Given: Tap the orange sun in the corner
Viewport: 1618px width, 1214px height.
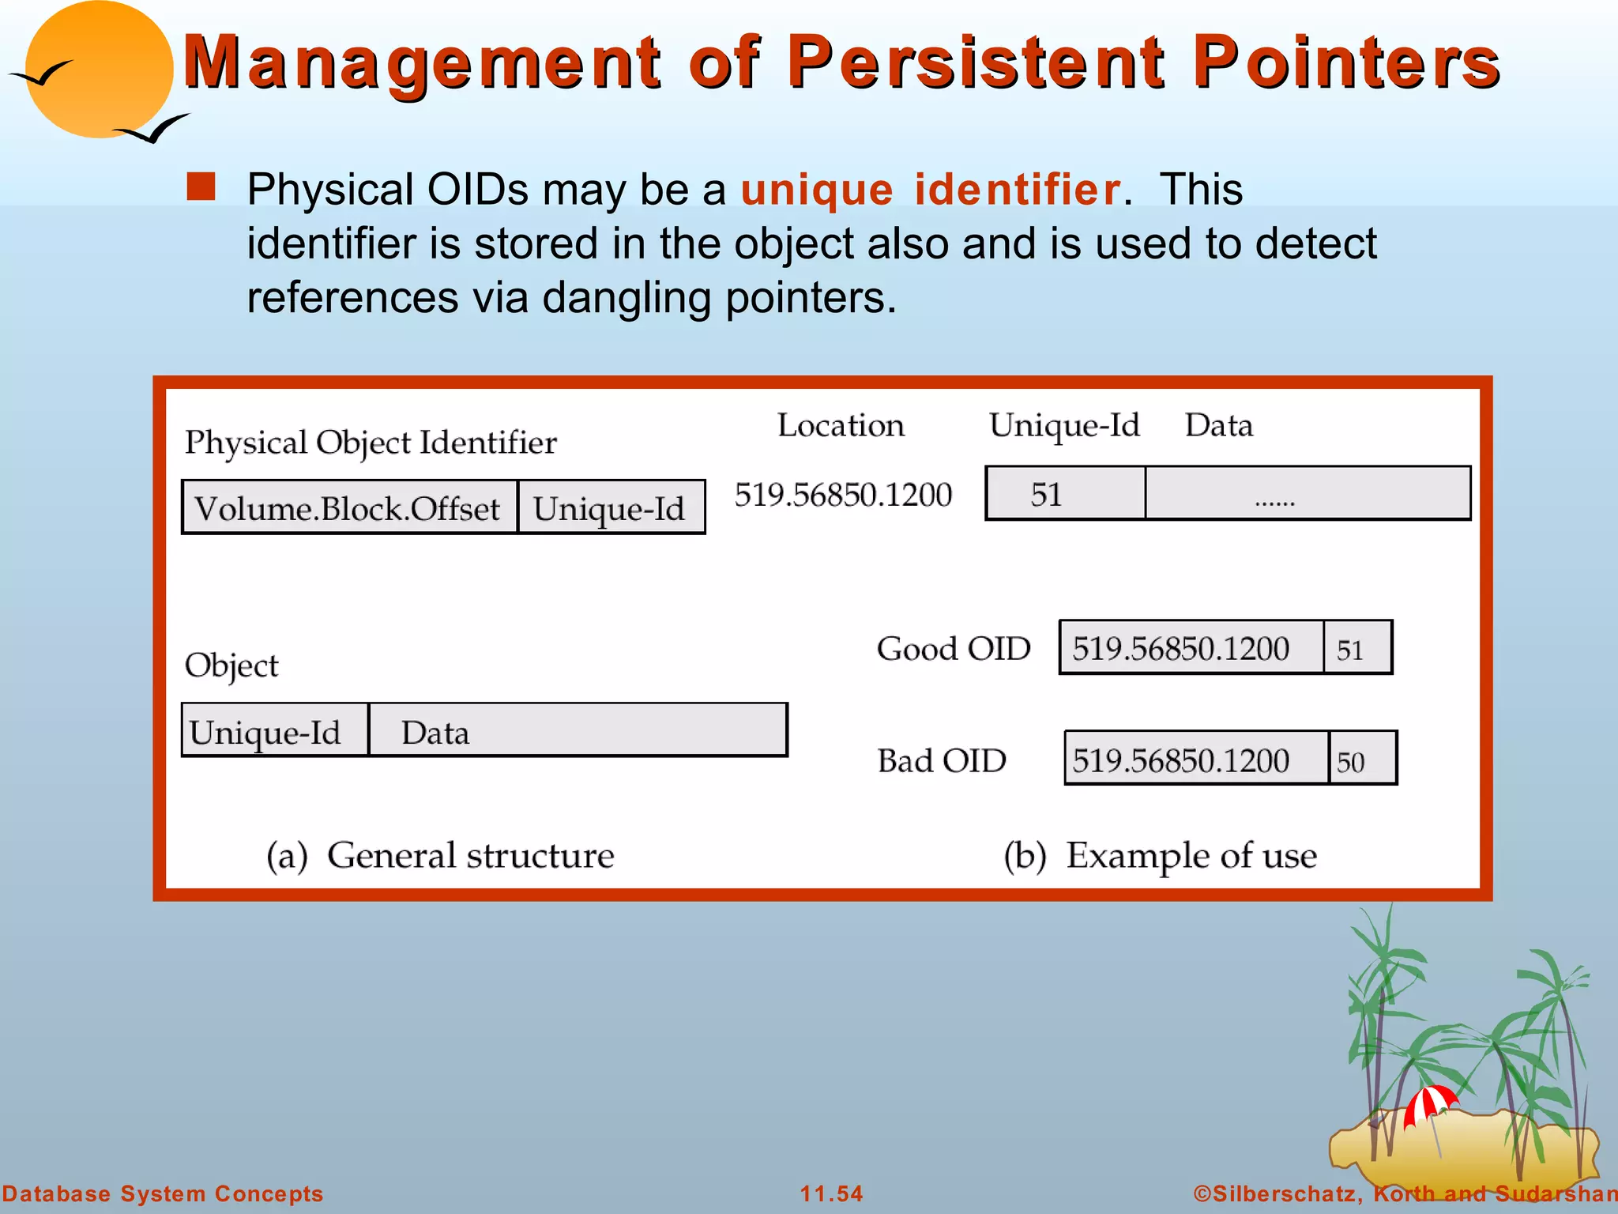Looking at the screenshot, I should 99,70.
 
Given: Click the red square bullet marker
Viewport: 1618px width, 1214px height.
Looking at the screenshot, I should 201,187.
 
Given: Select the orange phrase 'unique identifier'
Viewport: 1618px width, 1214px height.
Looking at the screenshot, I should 930,190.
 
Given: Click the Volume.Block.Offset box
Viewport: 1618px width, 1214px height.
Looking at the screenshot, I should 349,508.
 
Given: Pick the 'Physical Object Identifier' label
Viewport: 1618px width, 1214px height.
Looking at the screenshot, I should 371,443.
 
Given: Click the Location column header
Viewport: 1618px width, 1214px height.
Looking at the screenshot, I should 841,425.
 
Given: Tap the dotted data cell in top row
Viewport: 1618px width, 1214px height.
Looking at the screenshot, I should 1307,494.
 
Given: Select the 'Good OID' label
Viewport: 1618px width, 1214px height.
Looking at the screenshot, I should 954,649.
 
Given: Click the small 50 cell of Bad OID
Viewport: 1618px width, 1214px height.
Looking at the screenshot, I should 1362,760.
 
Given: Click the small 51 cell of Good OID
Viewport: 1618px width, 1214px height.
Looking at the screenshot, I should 1356,648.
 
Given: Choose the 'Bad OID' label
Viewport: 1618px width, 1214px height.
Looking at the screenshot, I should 942,760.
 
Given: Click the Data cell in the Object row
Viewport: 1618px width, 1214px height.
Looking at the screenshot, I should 577,731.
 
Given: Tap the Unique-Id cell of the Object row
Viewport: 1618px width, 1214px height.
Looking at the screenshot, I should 274,731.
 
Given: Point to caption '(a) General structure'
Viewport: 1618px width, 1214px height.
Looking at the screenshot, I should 440,855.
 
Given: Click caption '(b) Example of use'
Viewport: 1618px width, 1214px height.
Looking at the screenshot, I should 1160,855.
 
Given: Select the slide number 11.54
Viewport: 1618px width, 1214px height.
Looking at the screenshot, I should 831,1193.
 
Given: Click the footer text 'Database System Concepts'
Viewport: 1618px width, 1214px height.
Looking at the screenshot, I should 163,1193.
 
